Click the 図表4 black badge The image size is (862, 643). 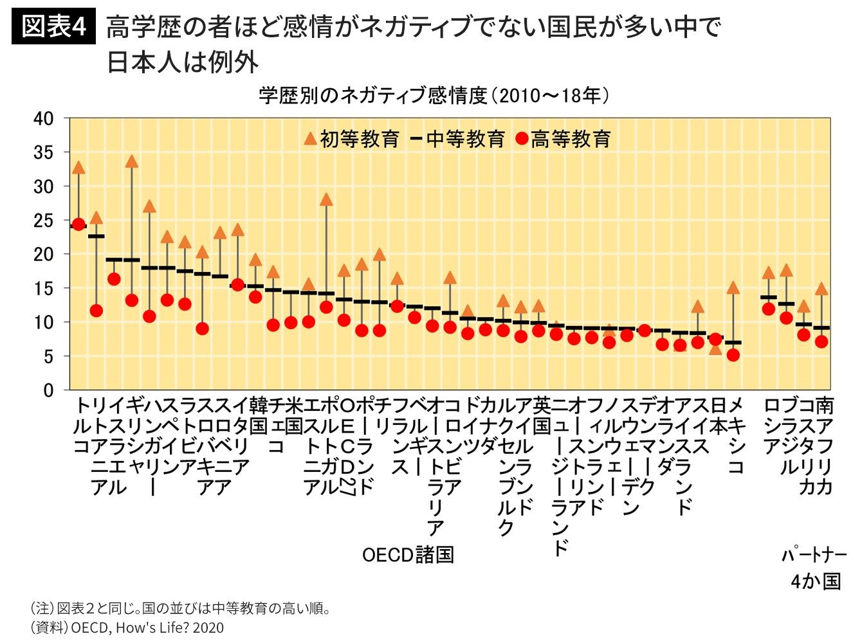(53, 27)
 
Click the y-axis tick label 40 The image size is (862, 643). (43, 119)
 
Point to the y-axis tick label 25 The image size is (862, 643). (43, 221)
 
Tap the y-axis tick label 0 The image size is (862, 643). (48, 390)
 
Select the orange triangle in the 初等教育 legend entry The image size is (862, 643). (310, 138)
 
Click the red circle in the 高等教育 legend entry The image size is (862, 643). (522, 139)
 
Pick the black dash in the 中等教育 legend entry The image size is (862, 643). (416, 139)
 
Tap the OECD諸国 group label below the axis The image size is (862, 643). (408, 554)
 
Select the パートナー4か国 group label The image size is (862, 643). (815, 568)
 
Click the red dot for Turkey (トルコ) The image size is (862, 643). (78, 224)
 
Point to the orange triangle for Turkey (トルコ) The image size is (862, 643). (78, 168)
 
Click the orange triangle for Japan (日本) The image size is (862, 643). (715, 349)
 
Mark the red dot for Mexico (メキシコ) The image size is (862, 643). (733, 355)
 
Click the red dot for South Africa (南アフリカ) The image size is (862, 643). (821, 341)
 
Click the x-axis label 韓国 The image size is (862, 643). (258, 415)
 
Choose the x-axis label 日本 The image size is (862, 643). (718, 415)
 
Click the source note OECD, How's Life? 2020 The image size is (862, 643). (147, 628)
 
